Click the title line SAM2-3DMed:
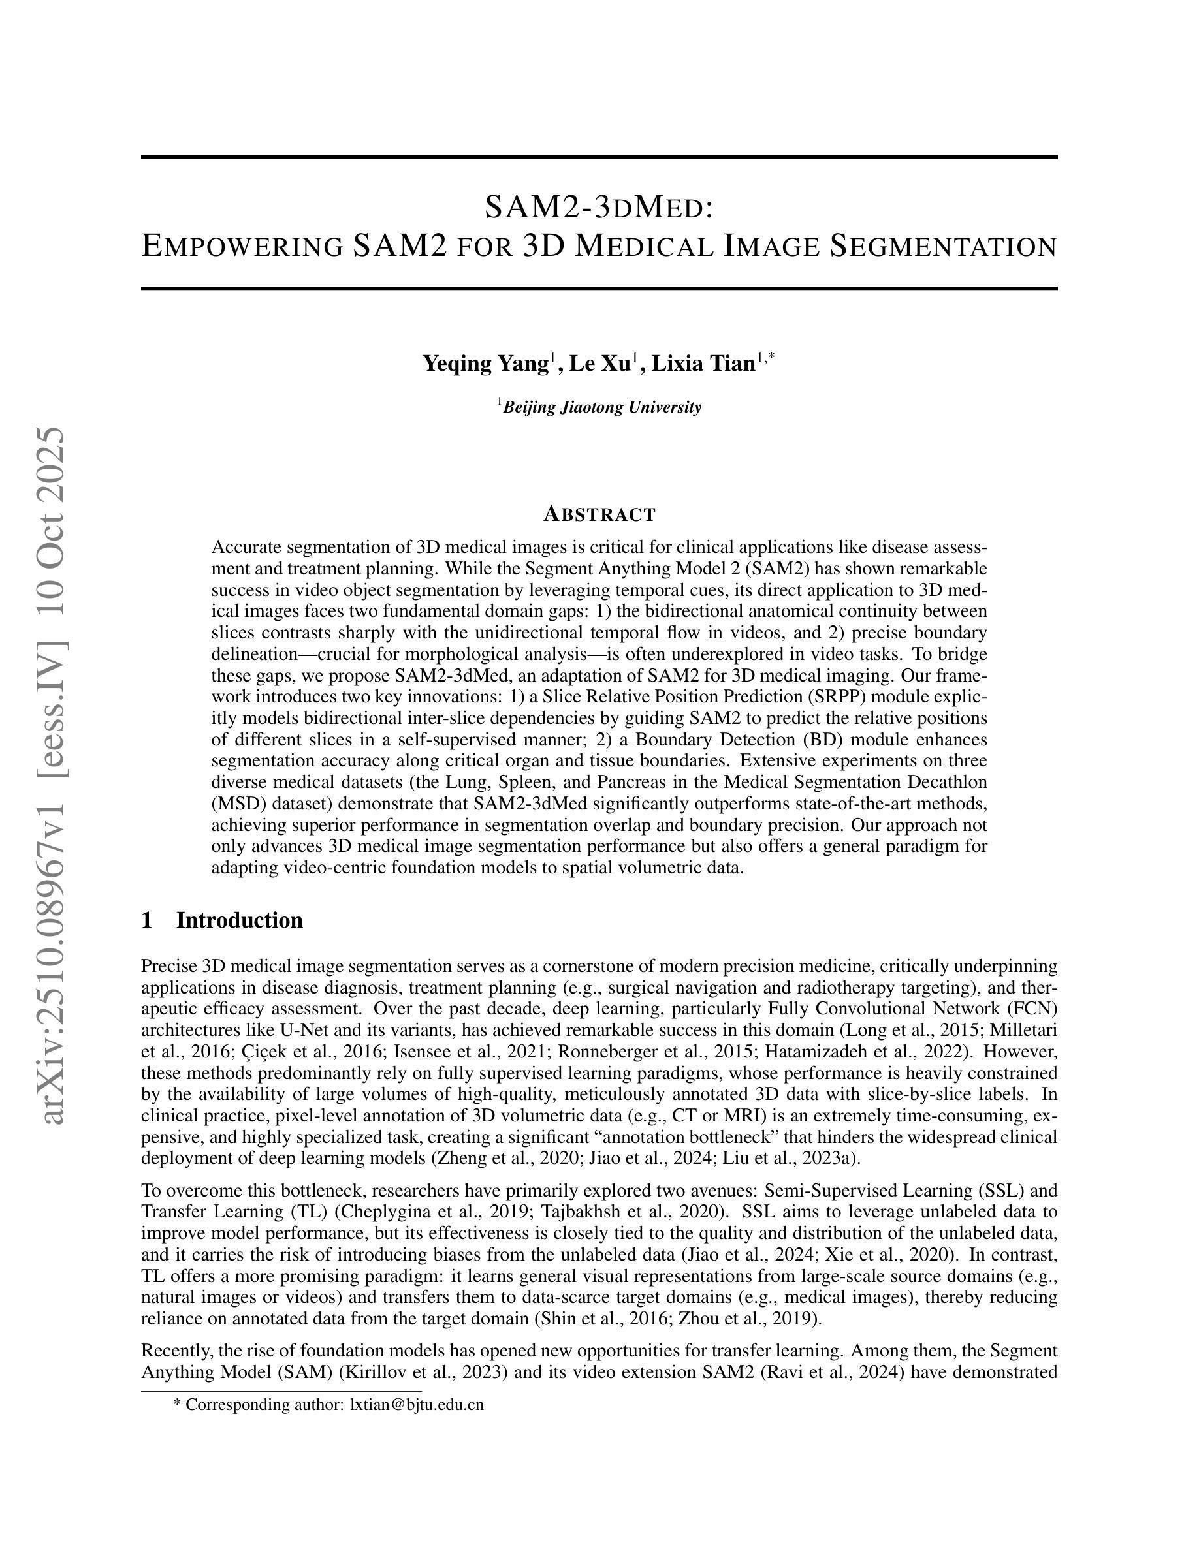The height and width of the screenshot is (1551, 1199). tap(599, 207)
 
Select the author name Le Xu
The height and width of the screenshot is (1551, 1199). tap(599, 364)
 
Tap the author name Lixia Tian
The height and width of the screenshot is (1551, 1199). tap(703, 364)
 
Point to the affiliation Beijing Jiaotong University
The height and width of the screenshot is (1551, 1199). tap(601, 407)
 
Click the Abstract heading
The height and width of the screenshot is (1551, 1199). tap(599, 514)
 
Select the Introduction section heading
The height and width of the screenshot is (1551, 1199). tap(240, 920)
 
